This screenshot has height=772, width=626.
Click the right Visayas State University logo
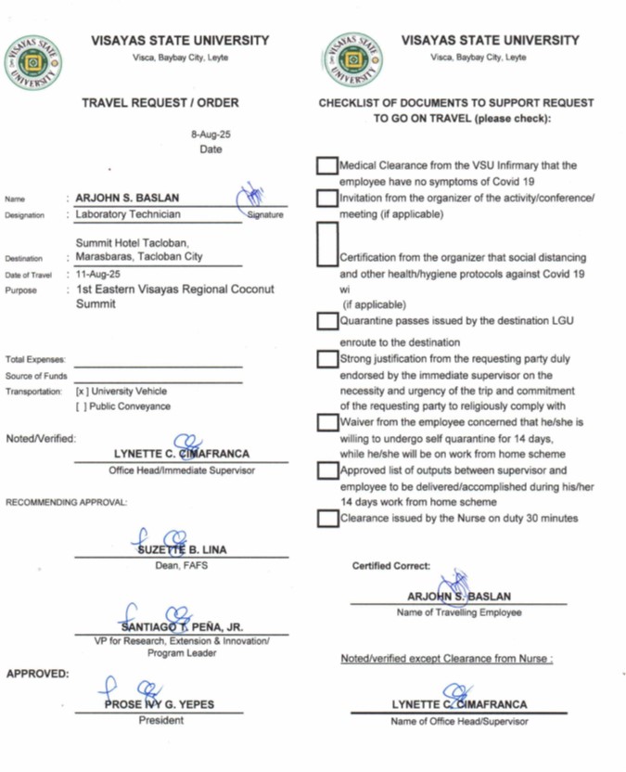click(354, 61)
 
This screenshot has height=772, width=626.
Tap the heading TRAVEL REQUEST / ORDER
click(160, 103)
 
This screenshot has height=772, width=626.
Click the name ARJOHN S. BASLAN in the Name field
click(127, 198)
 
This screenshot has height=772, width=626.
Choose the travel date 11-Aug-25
click(98, 274)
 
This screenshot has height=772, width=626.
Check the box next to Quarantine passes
click(326, 321)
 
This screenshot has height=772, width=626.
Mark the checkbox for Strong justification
click(326, 358)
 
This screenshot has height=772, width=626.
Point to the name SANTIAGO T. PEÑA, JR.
click(181, 627)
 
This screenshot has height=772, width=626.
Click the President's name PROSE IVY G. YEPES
click(159, 704)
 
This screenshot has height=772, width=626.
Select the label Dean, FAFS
click(181, 565)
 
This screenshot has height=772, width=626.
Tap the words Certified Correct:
click(390, 565)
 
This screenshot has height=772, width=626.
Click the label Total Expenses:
click(35, 359)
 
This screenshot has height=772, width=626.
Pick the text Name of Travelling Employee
click(458, 612)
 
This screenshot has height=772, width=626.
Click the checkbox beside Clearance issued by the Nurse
click(326, 518)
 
